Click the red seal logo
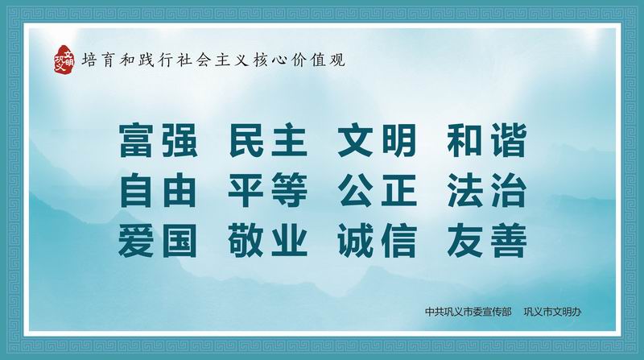pos(64,60)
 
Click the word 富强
pos(159,141)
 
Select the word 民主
pos(268,141)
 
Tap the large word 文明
pos(378,141)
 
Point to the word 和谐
pos(487,141)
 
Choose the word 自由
pos(159,191)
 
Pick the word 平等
pos(268,191)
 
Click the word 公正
pos(378,191)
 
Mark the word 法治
pos(487,191)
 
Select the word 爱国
pos(158,241)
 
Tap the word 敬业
pos(268,241)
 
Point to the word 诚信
pos(378,241)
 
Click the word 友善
pos(487,241)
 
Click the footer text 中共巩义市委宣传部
pos(469,312)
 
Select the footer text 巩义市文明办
pos(552,312)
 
